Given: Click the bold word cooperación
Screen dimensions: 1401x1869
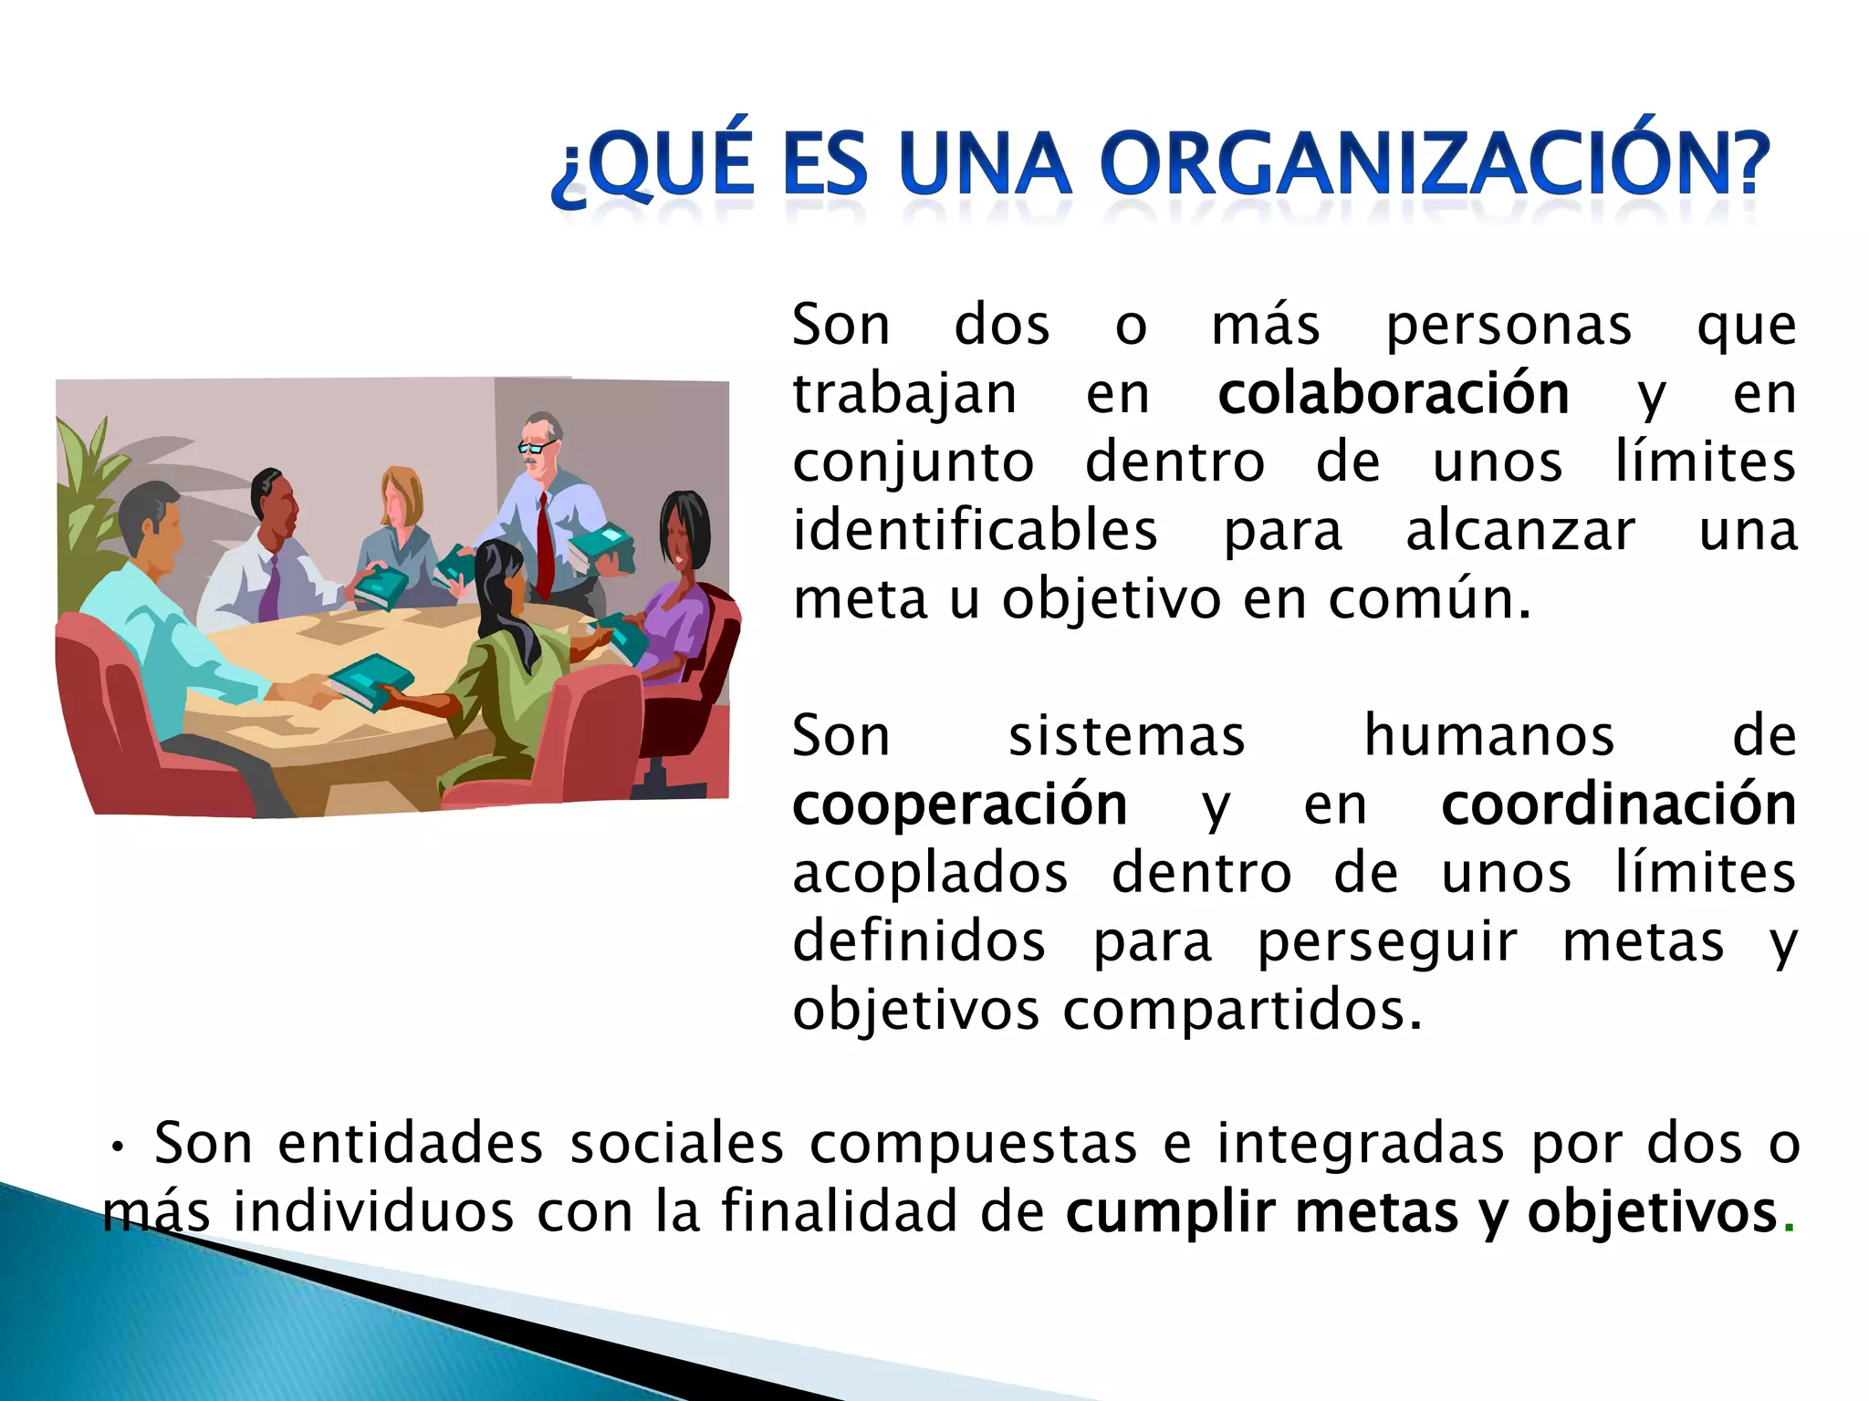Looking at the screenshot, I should pyautogui.click(x=959, y=805).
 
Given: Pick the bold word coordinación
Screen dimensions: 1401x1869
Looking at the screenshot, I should pyautogui.click(x=1618, y=804).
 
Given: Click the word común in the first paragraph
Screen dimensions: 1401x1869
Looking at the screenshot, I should pyautogui.click(x=1428, y=599).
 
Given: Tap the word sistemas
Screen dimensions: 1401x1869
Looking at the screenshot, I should pyautogui.click(x=1126, y=736).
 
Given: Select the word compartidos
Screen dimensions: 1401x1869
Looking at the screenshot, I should pyautogui.click(x=1241, y=1011).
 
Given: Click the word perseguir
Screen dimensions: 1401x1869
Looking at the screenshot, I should pyautogui.click(x=1387, y=943).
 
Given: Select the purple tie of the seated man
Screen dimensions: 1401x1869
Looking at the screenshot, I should pyautogui.click(x=270, y=588).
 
